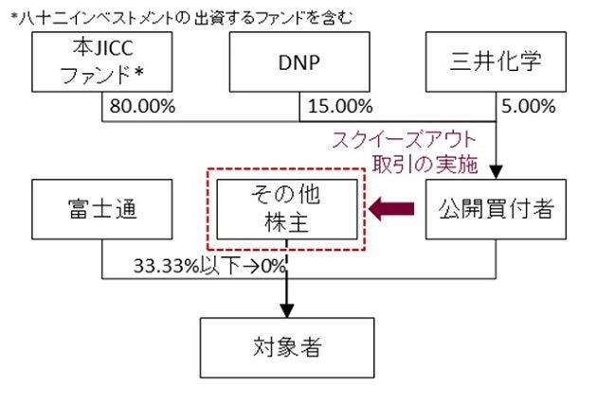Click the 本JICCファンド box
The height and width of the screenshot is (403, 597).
(102, 62)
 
